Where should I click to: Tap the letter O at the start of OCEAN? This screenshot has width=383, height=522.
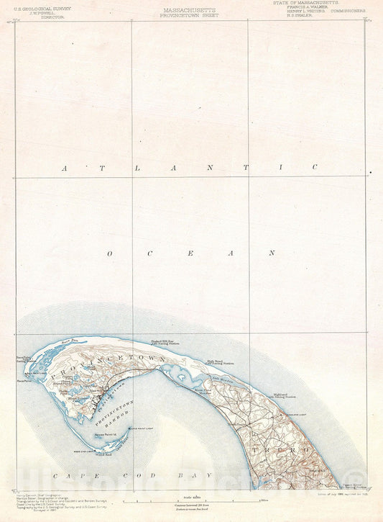pyautogui.click(x=111, y=253)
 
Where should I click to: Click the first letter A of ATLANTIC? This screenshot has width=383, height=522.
pyautogui.click(x=65, y=168)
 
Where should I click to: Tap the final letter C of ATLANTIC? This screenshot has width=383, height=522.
pyautogui.click(x=314, y=167)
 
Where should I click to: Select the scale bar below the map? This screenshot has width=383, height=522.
pyautogui.click(x=189, y=498)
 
